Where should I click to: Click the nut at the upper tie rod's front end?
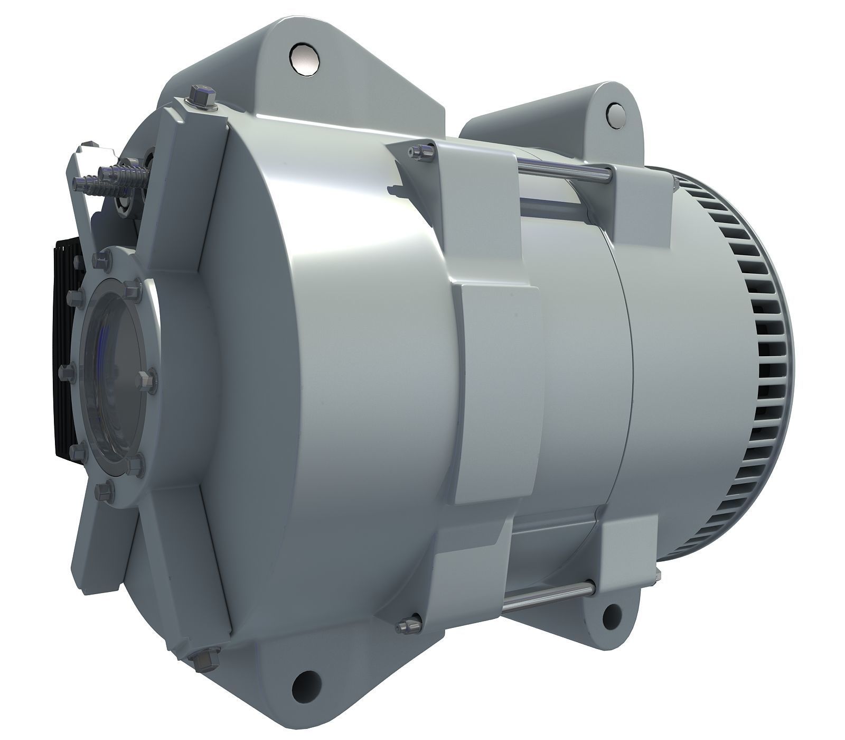pyautogui.click(x=420, y=152)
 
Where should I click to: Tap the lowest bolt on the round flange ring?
pyautogui.click(x=104, y=492)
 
